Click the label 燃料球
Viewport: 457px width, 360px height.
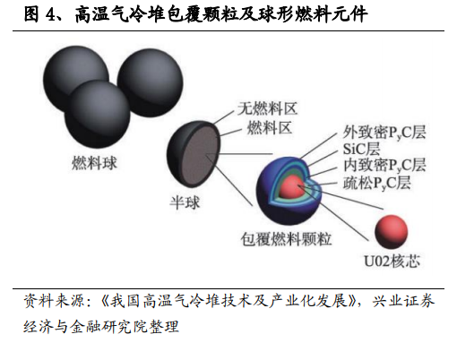(x=94, y=164)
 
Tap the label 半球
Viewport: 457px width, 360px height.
(x=185, y=202)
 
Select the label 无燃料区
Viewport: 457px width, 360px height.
(x=268, y=108)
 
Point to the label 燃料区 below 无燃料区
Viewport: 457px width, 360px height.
(x=269, y=128)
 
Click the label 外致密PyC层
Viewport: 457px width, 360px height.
(x=384, y=133)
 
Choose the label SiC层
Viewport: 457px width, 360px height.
(x=361, y=149)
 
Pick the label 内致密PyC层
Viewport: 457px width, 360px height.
(x=384, y=165)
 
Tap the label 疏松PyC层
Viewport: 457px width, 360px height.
(x=377, y=183)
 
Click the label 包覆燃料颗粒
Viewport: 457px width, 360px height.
(x=286, y=239)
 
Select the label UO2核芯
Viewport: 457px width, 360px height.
(x=392, y=261)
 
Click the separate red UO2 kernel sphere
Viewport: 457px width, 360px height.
(x=391, y=232)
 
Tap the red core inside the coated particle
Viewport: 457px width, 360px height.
(x=291, y=187)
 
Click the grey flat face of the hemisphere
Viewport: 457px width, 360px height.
(x=201, y=154)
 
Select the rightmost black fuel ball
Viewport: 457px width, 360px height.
(x=150, y=82)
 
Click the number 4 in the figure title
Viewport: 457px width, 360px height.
(x=49, y=14)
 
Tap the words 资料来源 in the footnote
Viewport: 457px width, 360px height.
(x=55, y=301)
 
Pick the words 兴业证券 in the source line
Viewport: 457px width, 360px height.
(x=403, y=301)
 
